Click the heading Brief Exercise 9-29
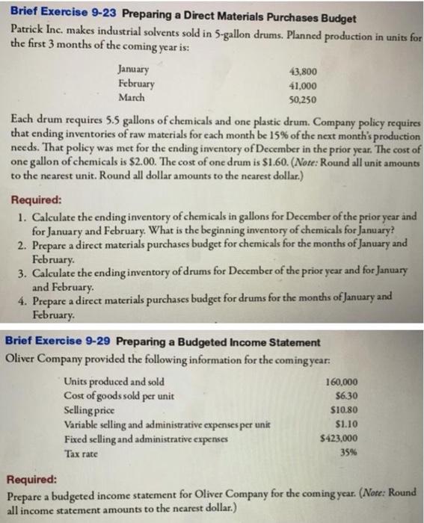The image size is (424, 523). pyautogui.click(x=58, y=342)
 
